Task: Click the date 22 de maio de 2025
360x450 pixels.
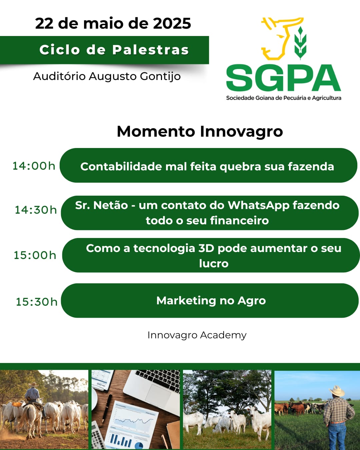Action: (113, 23)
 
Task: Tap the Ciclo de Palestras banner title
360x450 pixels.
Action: (114, 50)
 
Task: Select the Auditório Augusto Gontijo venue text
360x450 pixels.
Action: (107, 76)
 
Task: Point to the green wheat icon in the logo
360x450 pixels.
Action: (300, 43)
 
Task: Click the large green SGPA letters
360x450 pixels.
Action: (284, 78)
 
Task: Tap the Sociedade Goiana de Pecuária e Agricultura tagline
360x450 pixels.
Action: (284, 98)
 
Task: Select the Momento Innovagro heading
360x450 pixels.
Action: (200, 132)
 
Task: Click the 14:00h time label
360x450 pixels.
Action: (34, 166)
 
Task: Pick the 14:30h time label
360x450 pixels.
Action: (36, 210)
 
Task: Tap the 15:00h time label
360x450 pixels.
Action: (35, 255)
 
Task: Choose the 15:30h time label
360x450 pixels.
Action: (37, 302)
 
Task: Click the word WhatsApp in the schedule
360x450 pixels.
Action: (259, 206)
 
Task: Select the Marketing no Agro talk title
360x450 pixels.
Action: (211, 301)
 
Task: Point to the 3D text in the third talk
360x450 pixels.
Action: (206, 248)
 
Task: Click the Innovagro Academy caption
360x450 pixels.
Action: (197, 335)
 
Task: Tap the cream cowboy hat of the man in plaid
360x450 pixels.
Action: (337, 391)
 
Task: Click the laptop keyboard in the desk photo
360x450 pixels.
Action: (159, 378)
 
